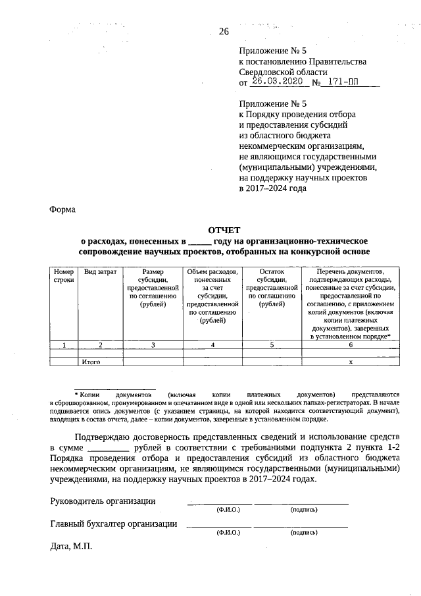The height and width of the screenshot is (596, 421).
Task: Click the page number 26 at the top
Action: point(223,31)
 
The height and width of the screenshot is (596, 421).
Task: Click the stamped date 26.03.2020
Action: point(276,82)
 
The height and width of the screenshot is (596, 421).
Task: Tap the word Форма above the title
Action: point(63,210)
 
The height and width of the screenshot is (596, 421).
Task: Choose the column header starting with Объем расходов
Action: point(212,296)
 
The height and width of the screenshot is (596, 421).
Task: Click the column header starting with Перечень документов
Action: point(351,304)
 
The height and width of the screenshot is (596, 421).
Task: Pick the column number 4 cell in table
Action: point(212,344)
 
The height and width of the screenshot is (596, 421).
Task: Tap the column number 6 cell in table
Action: point(351,344)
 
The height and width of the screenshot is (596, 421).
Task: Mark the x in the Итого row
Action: point(351,362)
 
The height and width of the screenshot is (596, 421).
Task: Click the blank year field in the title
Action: point(200,241)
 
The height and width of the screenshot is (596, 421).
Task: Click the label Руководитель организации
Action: point(103,501)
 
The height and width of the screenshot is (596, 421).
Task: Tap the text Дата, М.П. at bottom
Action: point(72,547)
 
